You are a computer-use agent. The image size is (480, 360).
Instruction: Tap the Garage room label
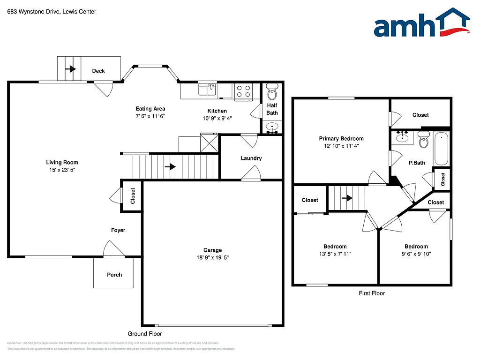[212, 250]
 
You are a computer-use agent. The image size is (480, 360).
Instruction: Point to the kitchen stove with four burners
[243, 90]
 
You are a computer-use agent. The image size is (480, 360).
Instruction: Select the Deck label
[98, 71]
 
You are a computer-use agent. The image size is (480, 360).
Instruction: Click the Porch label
[114, 275]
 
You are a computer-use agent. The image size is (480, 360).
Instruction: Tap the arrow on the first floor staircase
[346, 198]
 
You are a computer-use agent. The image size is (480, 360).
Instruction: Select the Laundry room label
[251, 158]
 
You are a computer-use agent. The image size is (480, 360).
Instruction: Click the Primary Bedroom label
[341, 138]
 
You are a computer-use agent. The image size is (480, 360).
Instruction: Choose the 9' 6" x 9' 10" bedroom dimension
[416, 254]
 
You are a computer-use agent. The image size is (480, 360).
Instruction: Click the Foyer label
[118, 230]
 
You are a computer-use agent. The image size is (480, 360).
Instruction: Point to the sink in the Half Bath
[272, 127]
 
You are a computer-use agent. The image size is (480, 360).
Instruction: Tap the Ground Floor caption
[145, 334]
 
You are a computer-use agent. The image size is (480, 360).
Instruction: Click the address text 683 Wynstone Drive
[33, 12]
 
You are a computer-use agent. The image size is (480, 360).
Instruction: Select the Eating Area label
[150, 109]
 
